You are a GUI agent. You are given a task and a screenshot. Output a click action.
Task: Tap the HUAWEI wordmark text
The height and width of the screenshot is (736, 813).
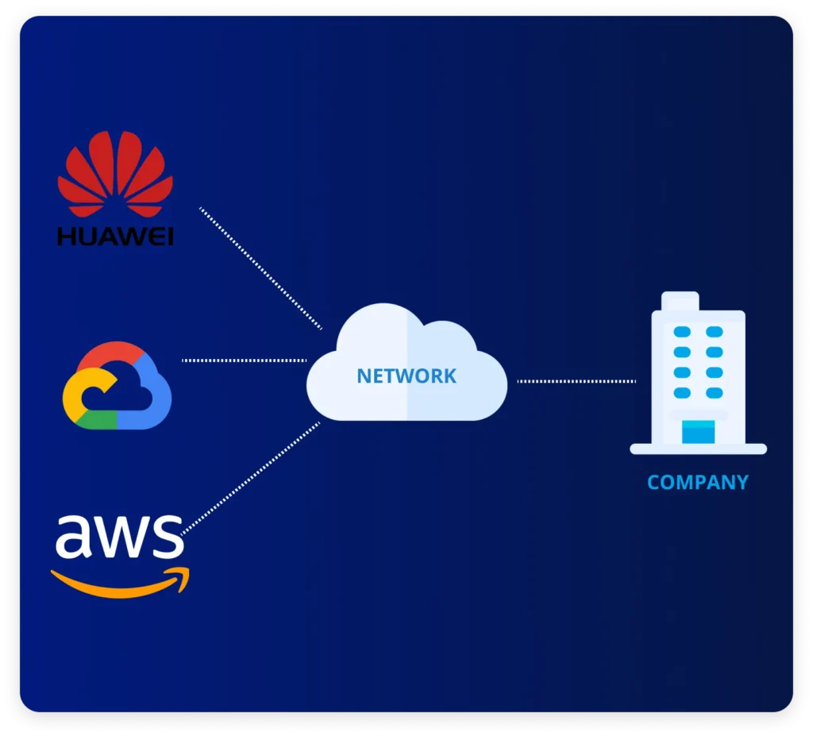[115, 236]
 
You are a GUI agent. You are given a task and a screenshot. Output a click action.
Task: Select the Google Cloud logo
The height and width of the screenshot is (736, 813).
[117, 386]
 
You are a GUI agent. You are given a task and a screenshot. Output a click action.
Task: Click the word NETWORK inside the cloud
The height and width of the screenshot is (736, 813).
[406, 376]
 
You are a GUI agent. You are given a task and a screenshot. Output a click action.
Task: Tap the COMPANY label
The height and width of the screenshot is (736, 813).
[697, 482]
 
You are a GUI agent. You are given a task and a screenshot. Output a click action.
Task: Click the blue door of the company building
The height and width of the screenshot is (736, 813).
[698, 432]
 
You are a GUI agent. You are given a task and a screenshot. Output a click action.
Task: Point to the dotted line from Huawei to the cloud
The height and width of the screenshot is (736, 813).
[260, 268]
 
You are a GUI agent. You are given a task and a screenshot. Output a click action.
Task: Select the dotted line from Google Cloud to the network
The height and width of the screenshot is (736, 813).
[244, 360]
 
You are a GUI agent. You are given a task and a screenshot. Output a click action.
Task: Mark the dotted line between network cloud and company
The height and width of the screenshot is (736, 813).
[576, 381]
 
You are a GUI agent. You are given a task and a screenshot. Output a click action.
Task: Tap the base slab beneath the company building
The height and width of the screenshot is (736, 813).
[698, 449]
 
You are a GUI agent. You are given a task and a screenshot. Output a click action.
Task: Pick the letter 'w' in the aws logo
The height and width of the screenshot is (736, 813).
[120, 538]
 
